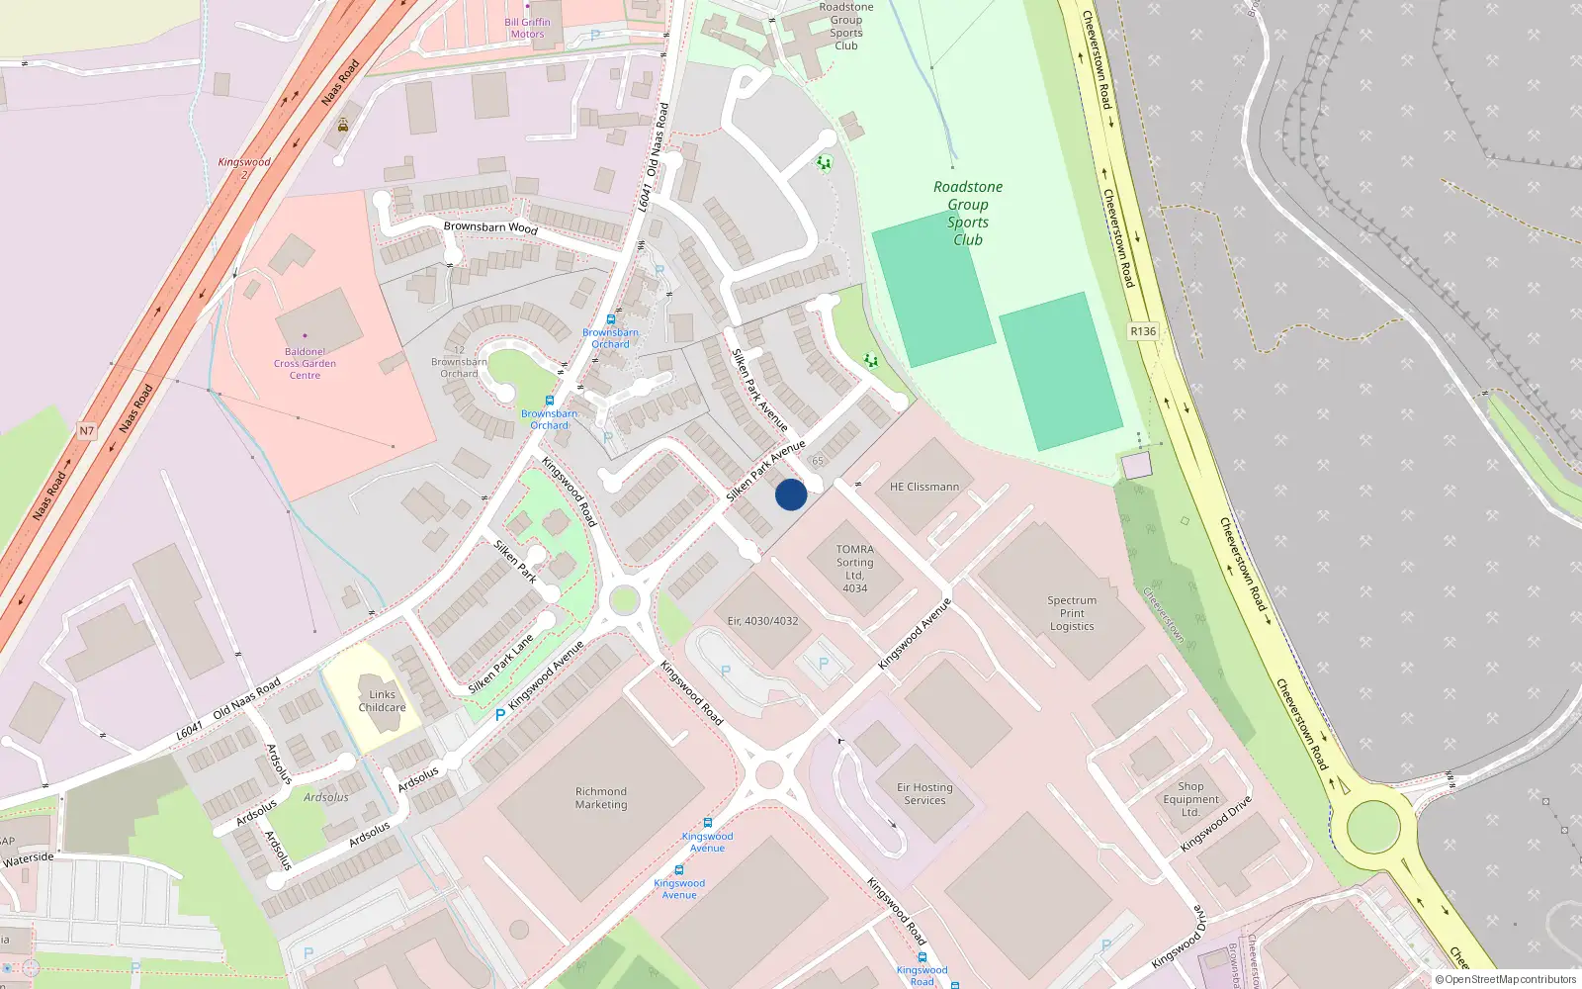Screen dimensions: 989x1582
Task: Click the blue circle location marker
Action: [791, 494]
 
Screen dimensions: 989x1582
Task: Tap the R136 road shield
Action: [1142, 331]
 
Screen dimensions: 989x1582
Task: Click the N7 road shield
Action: [87, 431]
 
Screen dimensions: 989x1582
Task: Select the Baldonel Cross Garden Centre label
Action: [305, 363]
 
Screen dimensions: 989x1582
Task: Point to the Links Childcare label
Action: [382, 701]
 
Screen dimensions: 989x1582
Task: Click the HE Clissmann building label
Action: [923, 487]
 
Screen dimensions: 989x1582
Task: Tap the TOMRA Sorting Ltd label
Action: [854, 568]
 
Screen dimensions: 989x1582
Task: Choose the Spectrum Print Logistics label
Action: [1072, 613]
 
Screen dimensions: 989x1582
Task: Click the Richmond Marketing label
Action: [601, 798]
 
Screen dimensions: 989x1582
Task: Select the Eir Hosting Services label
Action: [924, 794]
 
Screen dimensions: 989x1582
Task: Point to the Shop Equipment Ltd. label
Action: [1190, 799]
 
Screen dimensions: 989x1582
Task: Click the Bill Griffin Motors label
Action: [527, 28]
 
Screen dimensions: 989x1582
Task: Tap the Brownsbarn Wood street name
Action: [490, 227]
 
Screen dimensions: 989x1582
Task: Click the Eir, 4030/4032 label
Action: [762, 621]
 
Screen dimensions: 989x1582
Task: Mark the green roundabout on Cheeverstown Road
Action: [1373, 825]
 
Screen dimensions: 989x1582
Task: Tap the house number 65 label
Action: [818, 461]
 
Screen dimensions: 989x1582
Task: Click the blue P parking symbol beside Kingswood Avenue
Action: [500, 714]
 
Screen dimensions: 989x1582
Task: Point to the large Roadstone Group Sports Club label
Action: [967, 213]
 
